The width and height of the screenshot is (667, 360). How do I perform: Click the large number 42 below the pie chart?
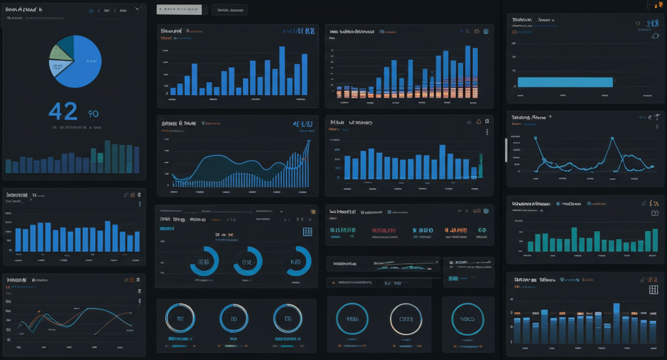[x=63, y=111]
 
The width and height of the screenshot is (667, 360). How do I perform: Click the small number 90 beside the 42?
[x=93, y=114]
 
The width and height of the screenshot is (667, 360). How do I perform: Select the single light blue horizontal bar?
[x=565, y=82]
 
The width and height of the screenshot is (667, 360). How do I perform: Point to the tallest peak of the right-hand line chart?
[x=612, y=139]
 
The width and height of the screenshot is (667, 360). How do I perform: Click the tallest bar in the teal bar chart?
[x=574, y=239]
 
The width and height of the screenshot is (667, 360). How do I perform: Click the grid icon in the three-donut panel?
[x=307, y=232]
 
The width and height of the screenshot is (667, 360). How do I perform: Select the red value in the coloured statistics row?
[x=384, y=230]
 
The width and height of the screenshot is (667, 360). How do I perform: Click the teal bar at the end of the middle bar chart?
[x=480, y=166]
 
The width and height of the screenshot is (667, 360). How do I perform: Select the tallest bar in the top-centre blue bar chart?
[x=281, y=70]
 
